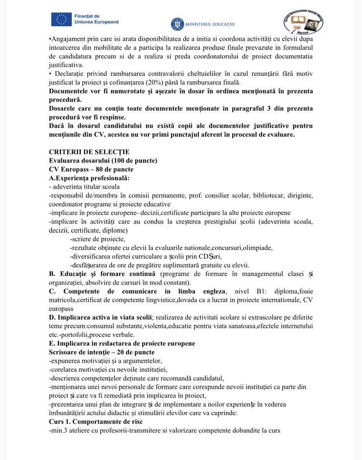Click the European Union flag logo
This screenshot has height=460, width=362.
click(x=61, y=20)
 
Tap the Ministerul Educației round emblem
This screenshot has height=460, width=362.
click(x=177, y=24)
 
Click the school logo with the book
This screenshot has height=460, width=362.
click(x=302, y=22)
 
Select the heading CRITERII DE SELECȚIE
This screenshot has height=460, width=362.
click(x=89, y=152)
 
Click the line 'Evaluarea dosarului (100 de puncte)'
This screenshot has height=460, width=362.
click(x=103, y=161)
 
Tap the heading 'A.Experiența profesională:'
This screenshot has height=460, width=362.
click(x=89, y=178)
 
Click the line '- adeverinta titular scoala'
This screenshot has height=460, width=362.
click(x=84, y=187)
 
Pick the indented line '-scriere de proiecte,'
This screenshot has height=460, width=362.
click(x=97, y=239)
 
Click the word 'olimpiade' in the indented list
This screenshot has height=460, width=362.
click(x=258, y=248)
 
